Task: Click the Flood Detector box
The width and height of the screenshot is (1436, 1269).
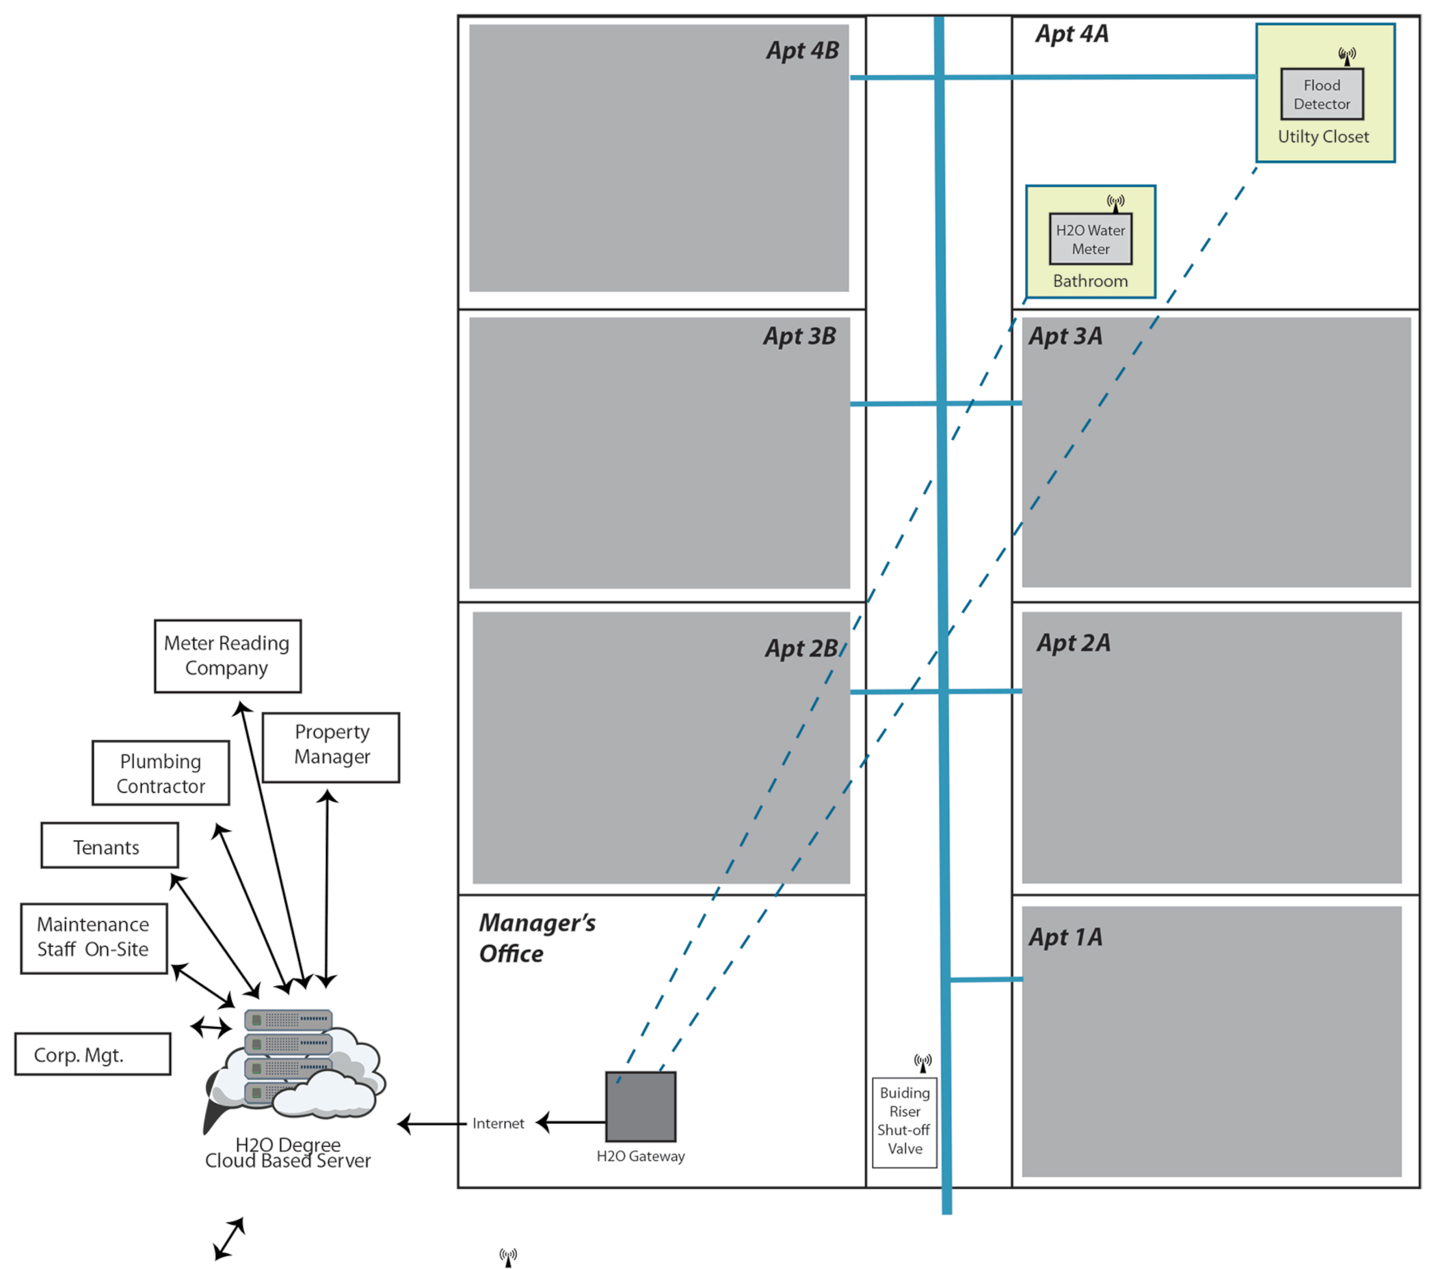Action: tap(1322, 94)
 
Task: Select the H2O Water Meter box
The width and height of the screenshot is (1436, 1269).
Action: tap(1091, 239)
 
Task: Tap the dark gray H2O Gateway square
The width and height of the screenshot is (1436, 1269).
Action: tap(641, 1107)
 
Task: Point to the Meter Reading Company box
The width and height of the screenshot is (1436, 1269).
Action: tap(228, 656)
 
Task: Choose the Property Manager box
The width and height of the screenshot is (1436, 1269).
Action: tap(331, 747)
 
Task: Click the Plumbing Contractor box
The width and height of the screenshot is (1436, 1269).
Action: tap(161, 773)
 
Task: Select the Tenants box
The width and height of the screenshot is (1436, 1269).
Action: tap(109, 845)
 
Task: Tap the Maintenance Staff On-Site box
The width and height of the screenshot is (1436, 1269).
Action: tap(94, 938)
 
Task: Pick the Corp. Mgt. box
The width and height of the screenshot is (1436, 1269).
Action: tap(93, 1054)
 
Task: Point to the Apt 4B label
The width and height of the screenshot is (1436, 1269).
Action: tap(802, 51)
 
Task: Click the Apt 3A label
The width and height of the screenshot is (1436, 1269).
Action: tap(1065, 336)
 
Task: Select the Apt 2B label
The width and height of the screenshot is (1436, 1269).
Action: tap(801, 649)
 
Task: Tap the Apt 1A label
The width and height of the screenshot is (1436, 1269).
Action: tap(1065, 937)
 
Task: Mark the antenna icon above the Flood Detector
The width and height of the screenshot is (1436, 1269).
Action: tap(1347, 56)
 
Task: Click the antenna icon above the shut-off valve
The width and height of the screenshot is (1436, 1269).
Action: tap(922, 1063)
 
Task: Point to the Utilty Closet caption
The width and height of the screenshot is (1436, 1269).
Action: tap(1323, 137)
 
